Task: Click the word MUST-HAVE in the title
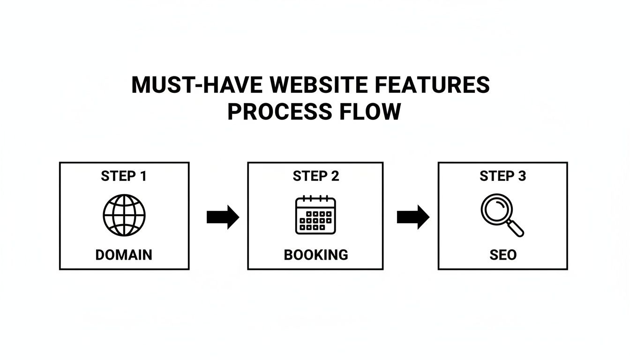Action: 197,85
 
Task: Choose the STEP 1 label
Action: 124,176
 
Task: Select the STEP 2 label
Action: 315,176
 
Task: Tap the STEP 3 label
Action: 502,176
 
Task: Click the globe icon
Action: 124,215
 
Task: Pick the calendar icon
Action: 315,215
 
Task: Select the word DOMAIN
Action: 124,255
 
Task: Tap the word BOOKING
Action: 315,255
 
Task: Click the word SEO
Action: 502,255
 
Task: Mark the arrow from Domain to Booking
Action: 223,217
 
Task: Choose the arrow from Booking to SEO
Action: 413,217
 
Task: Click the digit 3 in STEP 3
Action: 522,176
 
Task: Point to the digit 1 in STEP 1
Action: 143,176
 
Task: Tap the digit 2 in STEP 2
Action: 335,176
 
